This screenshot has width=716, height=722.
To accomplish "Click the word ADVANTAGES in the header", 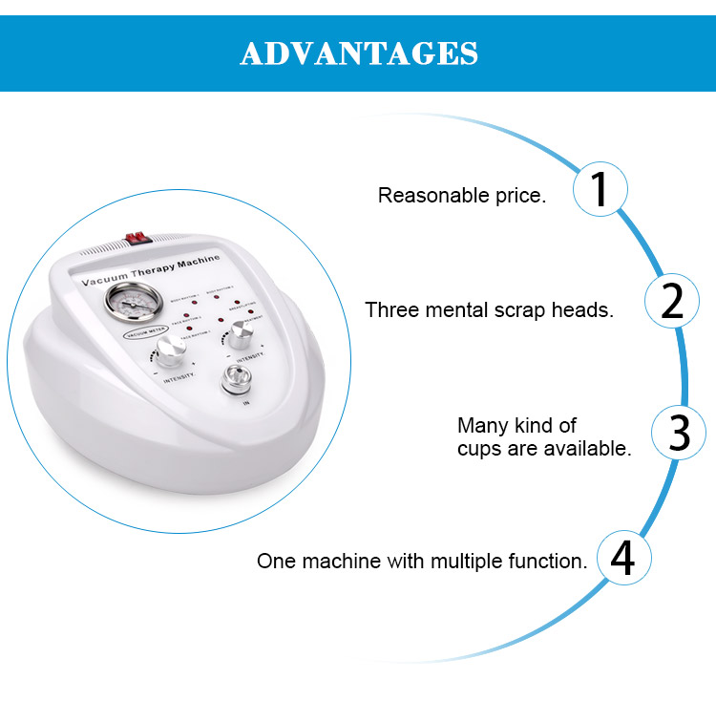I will [x=358, y=53].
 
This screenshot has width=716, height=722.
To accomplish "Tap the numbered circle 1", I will [x=600, y=188].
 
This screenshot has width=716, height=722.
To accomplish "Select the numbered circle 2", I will [x=672, y=302].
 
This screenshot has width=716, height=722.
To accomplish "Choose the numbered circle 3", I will [x=679, y=433].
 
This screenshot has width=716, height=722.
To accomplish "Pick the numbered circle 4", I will [x=622, y=559].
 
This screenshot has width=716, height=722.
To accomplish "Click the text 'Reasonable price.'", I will [x=462, y=196].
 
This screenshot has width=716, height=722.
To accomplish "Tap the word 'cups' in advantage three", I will [x=477, y=448].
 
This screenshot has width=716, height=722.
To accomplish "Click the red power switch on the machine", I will [x=138, y=236].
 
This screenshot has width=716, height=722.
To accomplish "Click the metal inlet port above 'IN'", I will [x=234, y=381].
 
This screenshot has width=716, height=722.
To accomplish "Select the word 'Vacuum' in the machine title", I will [x=105, y=283].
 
